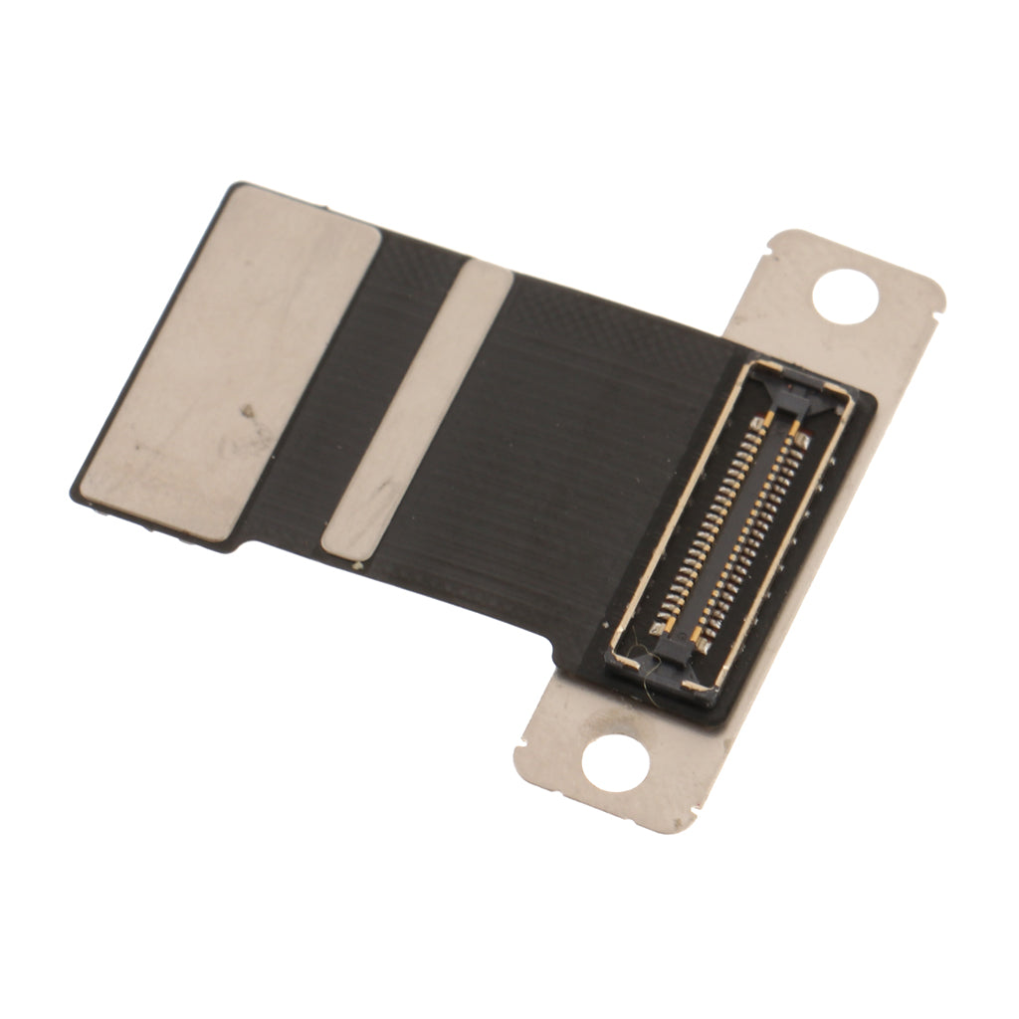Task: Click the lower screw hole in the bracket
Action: (x=615, y=764)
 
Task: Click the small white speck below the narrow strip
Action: (x=356, y=565)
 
